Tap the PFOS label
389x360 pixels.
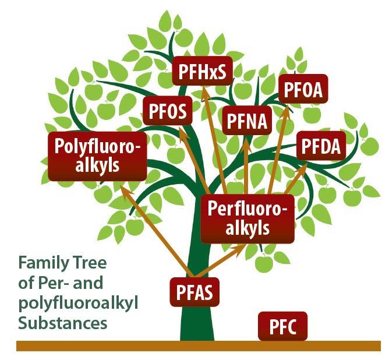[x=168, y=111]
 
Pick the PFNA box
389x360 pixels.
[x=245, y=122]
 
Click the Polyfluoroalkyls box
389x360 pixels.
[x=97, y=156]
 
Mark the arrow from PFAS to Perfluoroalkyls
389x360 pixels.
[x=221, y=261]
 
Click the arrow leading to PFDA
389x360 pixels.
[x=291, y=181]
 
